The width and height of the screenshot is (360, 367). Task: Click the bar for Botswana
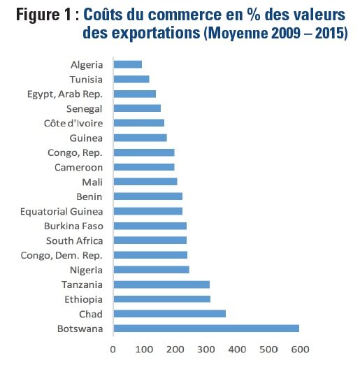(206, 329)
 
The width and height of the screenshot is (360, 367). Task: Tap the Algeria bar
(127, 64)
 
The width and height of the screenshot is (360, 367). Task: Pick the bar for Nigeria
(151, 270)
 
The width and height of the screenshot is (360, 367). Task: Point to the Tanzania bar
(161, 285)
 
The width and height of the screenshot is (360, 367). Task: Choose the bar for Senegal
(137, 108)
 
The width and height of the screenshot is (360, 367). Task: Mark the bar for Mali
(145, 182)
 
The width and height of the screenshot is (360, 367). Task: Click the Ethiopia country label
(83, 299)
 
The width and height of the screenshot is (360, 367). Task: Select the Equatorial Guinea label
(62, 211)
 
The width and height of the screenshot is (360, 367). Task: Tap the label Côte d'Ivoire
(73, 123)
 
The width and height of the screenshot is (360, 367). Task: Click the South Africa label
(75, 240)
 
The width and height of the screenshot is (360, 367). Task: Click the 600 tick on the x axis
(299, 348)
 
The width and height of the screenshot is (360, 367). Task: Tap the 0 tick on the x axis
(113, 348)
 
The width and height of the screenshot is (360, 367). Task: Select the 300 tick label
(206, 348)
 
